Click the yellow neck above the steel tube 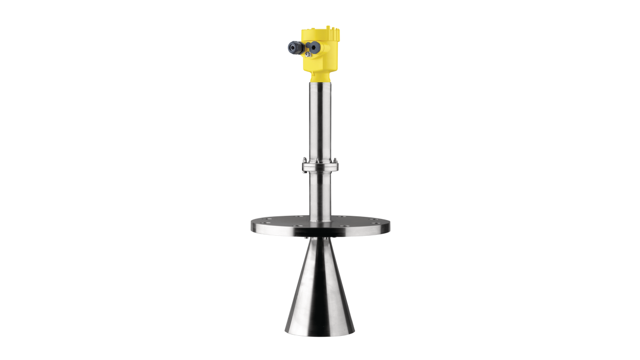pos(319,77)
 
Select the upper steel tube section pos(319,121)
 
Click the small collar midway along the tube pos(319,166)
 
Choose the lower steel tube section pos(319,195)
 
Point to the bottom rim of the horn pos(319,333)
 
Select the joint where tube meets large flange pos(319,216)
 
